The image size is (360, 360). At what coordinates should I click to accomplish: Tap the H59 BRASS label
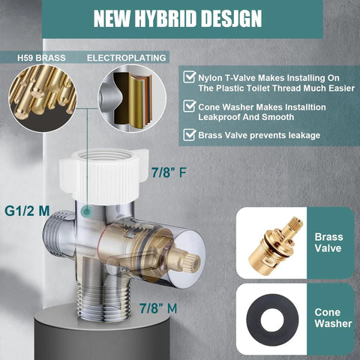(43, 57)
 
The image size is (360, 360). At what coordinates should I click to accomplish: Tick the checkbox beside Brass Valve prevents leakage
(188, 136)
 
